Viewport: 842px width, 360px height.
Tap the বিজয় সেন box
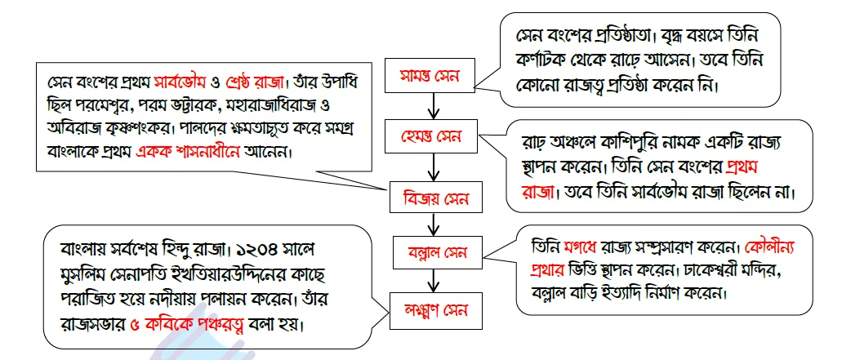(x=435, y=199)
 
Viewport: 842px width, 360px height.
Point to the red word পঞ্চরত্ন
(x=212, y=323)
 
